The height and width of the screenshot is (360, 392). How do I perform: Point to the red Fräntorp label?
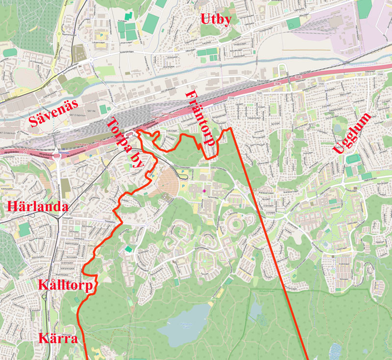(200, 118)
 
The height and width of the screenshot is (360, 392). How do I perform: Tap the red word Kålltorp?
(65, 286)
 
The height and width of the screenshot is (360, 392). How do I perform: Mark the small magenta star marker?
(204, 190)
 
